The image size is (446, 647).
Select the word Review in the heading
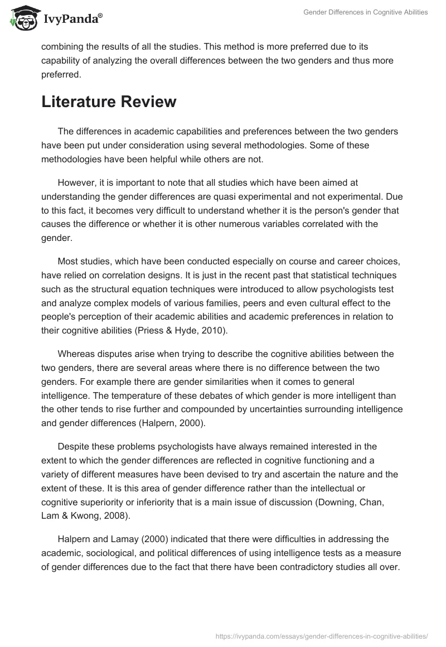point(149,102)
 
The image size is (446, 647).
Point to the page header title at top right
point(365,12)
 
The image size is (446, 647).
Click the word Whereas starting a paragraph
point(77,354)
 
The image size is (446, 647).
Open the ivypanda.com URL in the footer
point(322,635)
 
